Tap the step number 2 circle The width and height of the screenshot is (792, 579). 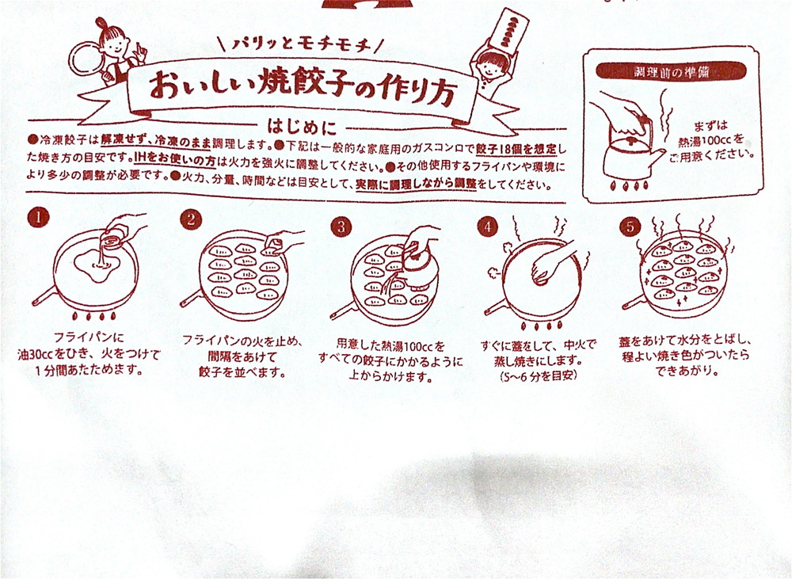[189, 220]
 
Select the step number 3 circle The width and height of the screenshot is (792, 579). [341, 226]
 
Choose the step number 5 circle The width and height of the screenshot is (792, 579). [629, 226]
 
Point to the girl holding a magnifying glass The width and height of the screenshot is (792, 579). [111, 48]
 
